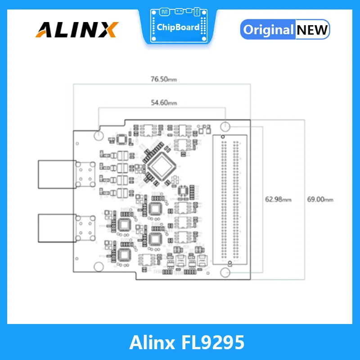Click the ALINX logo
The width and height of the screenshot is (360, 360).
click(76, 30)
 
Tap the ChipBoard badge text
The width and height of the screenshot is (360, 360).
click(178, 27)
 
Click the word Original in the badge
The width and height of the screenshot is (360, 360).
click(268, 30)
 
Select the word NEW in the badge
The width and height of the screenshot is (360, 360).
click(312, 30)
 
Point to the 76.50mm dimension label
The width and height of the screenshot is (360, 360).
click(164, 79)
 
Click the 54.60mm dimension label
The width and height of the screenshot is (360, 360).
click(164, 103)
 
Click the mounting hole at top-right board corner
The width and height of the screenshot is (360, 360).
click(226, 126)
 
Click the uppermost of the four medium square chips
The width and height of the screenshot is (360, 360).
click(156, 208)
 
